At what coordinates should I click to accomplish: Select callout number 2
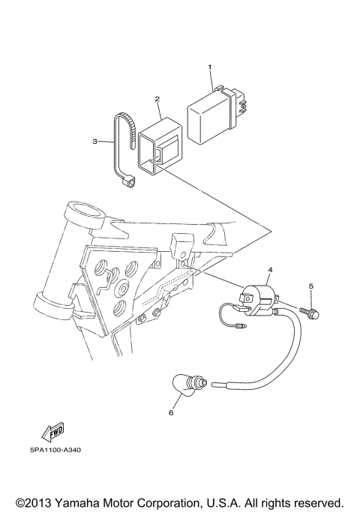157,99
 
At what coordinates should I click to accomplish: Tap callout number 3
95,141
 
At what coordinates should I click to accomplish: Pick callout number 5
310,286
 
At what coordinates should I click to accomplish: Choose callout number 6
171,412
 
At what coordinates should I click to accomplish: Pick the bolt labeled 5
310,311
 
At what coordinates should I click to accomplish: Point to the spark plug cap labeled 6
187,387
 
